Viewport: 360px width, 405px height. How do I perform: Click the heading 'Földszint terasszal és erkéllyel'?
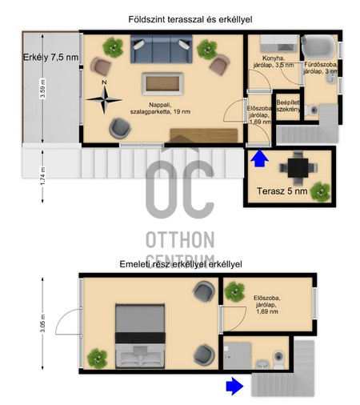180,18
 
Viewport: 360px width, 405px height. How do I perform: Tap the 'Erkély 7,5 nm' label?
50,57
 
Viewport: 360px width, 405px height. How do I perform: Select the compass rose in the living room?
104,98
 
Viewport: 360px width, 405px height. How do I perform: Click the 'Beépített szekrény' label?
287,106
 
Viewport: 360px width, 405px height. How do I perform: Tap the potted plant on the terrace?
322,190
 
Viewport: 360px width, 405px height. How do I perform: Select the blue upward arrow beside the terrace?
258,160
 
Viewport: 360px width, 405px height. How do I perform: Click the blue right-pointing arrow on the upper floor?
234,386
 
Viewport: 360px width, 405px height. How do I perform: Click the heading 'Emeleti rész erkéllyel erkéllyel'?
180,263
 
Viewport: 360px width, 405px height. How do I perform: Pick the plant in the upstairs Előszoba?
234,293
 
